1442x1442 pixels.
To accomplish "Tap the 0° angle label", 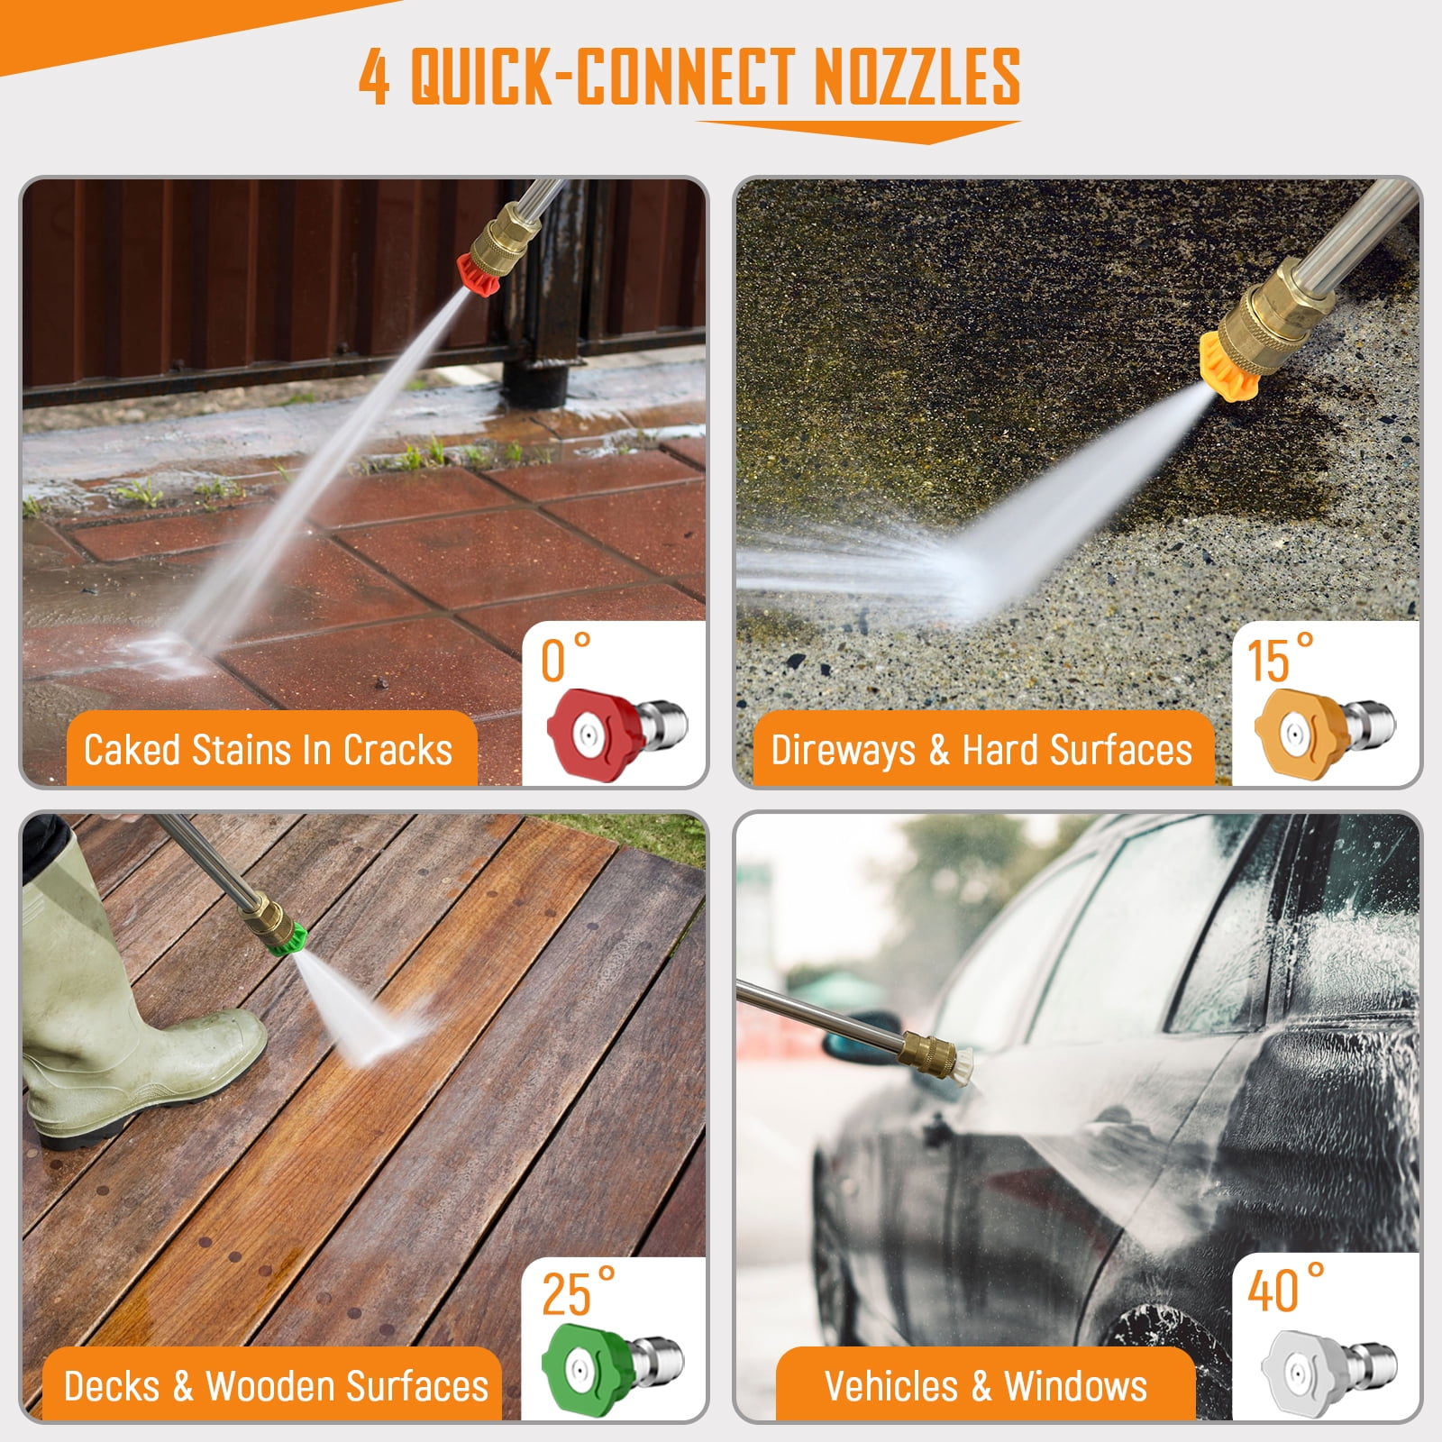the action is pyautogui.click(x=565, y=658).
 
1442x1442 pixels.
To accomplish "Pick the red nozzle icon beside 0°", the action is pyautogui.click(x=616, y=731).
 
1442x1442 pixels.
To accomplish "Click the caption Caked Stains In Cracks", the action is pyautogui.click(x=268, y=750).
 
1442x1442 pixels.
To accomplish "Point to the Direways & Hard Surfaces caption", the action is pyautogui.click(x=981, y=750).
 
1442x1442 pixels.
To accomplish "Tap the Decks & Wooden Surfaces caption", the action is pyautogui.click(x=276, y=1385).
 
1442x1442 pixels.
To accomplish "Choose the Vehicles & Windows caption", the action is pyautogui.click(x=985, y=1385).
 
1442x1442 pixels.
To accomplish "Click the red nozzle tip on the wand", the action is pyautogui.click(x=478, y=272).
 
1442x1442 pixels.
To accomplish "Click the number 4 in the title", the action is pyautogui.click(x=374, y=77).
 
